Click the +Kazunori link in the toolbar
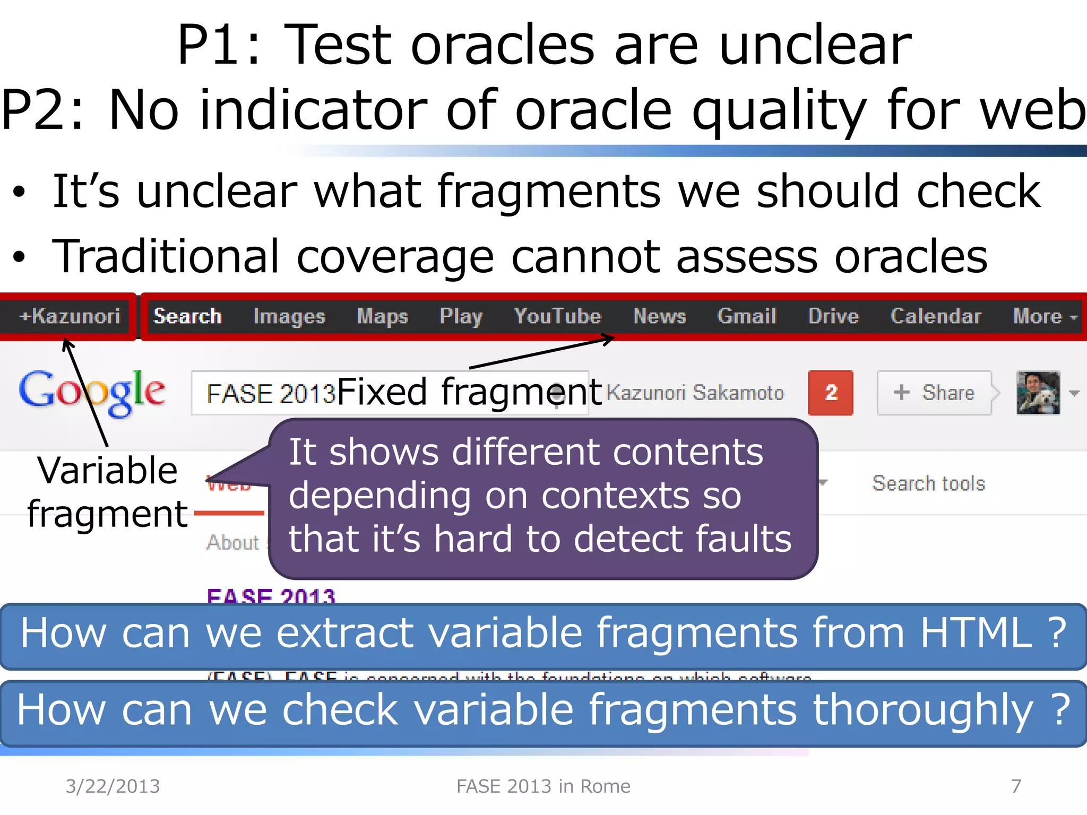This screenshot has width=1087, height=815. (x=70, y=316)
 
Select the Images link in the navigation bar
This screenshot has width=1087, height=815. (x=289, y=317)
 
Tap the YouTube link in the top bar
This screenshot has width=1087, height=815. (x=557, y=316)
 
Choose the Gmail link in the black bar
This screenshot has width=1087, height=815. (x=747, y=316)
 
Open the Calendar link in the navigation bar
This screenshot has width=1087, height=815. (x=935, y=316)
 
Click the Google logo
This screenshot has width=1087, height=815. (x=91, y=393)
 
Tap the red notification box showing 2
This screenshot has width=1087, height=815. (x=830, y=393)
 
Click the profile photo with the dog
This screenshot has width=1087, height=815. (x=1038, y=393)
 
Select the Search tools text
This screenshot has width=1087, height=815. (x=928, y=483)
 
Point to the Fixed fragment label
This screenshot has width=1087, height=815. (x=469, y=392)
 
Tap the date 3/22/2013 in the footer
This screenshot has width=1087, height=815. (x=113, y=786)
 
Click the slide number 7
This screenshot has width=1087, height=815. (x=1016, y=786)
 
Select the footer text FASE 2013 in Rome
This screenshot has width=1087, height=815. (x=543, y=786)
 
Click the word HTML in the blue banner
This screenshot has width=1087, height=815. (x=976, y=633)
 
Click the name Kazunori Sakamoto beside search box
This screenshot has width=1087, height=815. (x=695, y=393)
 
